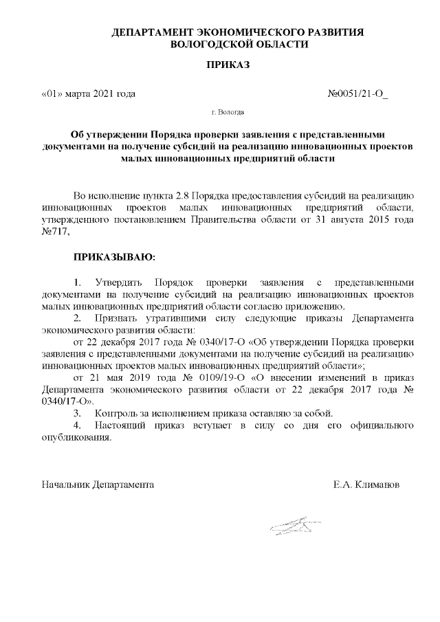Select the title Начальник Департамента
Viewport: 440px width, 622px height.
tap(98, 485)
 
